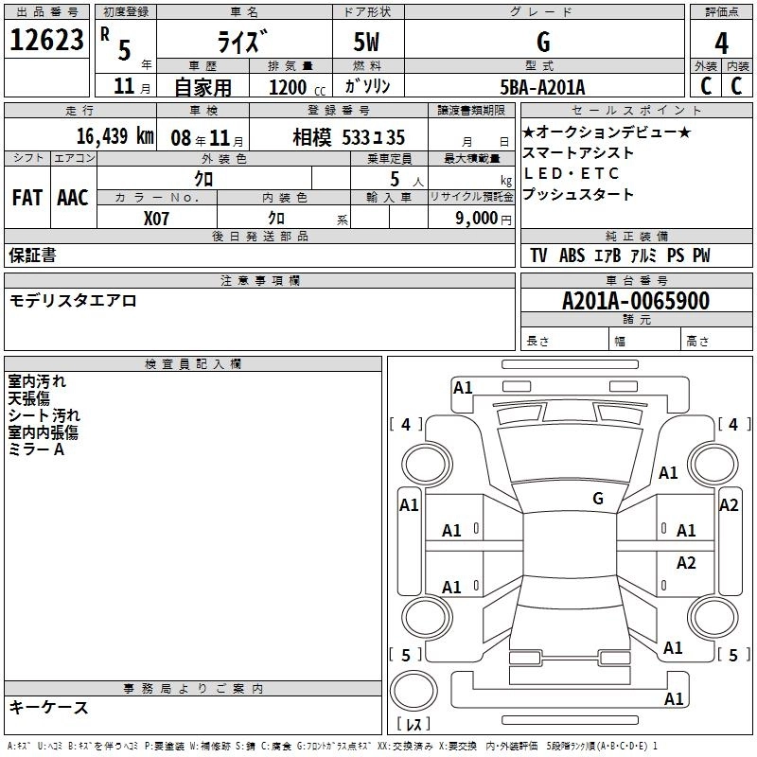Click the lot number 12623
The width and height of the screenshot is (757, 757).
point(46,40)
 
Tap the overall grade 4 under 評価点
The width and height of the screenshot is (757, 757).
point(721,43)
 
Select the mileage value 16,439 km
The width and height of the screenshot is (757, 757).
point(115,136)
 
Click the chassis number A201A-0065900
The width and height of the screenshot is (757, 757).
point(636,301)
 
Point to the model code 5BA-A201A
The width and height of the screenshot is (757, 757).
point(542,87)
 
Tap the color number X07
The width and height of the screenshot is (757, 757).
point(156,219)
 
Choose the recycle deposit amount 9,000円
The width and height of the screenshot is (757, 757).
point(484,219)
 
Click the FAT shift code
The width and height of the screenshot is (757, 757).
point(27,198)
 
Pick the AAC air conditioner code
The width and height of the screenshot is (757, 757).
point(73,198)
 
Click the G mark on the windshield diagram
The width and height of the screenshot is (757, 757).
point(598,499)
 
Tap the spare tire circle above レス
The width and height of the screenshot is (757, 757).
point(414,690)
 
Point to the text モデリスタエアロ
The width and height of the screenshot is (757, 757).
point(73,301)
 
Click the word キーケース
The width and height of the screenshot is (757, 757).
point(49,707)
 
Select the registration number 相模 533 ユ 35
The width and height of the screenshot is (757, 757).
point(348,137)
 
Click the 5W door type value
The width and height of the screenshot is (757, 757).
point(366,42)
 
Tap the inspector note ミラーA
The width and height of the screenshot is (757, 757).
point(36,449)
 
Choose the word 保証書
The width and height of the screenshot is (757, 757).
point(32,255)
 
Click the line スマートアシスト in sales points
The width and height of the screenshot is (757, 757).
point(578,152)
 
